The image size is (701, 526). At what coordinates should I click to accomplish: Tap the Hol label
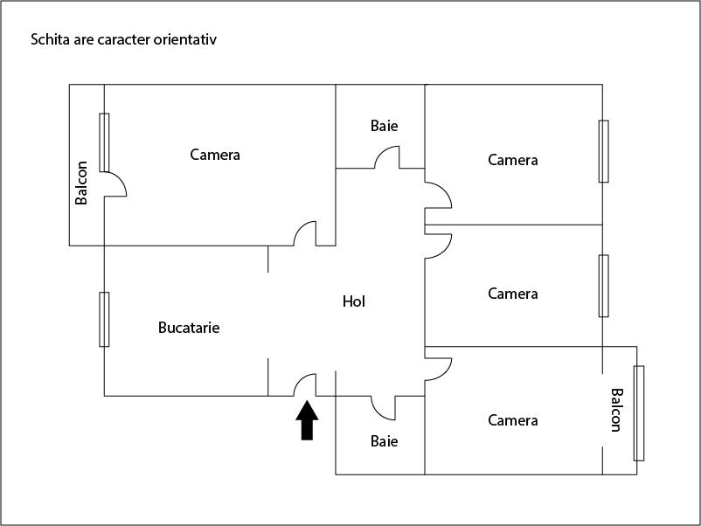coord(354,301)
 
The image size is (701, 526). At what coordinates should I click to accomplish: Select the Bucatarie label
coord(189,329)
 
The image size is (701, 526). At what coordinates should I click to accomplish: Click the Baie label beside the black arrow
coord(384,441)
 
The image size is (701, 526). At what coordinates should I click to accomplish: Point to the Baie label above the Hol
coord(384,126)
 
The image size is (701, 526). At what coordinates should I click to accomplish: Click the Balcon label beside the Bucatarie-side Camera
coord(81,183)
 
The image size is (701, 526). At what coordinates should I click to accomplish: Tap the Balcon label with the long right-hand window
coord(615,410)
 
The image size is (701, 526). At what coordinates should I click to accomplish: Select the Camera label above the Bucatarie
coord(215,155)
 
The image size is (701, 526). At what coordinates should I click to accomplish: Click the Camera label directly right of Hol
coord(513,294)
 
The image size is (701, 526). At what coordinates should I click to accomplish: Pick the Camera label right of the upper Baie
coord(513,160)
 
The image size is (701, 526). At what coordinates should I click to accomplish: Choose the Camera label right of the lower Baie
coord(513,420)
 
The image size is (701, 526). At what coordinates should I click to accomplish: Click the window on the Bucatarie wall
coord(104,319)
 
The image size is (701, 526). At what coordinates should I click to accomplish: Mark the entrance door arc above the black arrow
coord(304,384)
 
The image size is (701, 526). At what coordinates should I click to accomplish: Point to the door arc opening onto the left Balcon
coord(117,183)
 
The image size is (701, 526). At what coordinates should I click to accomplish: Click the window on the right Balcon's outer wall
coord(639,413)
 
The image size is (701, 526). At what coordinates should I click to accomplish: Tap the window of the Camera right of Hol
coord(603,286)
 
